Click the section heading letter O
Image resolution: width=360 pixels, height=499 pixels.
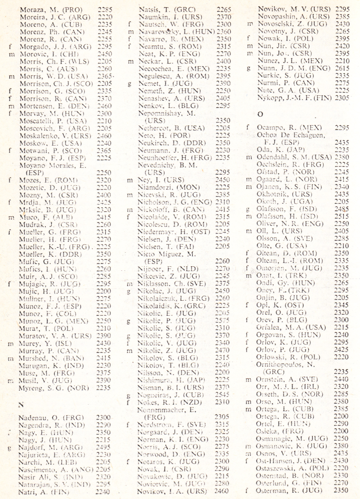coord(260,114)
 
